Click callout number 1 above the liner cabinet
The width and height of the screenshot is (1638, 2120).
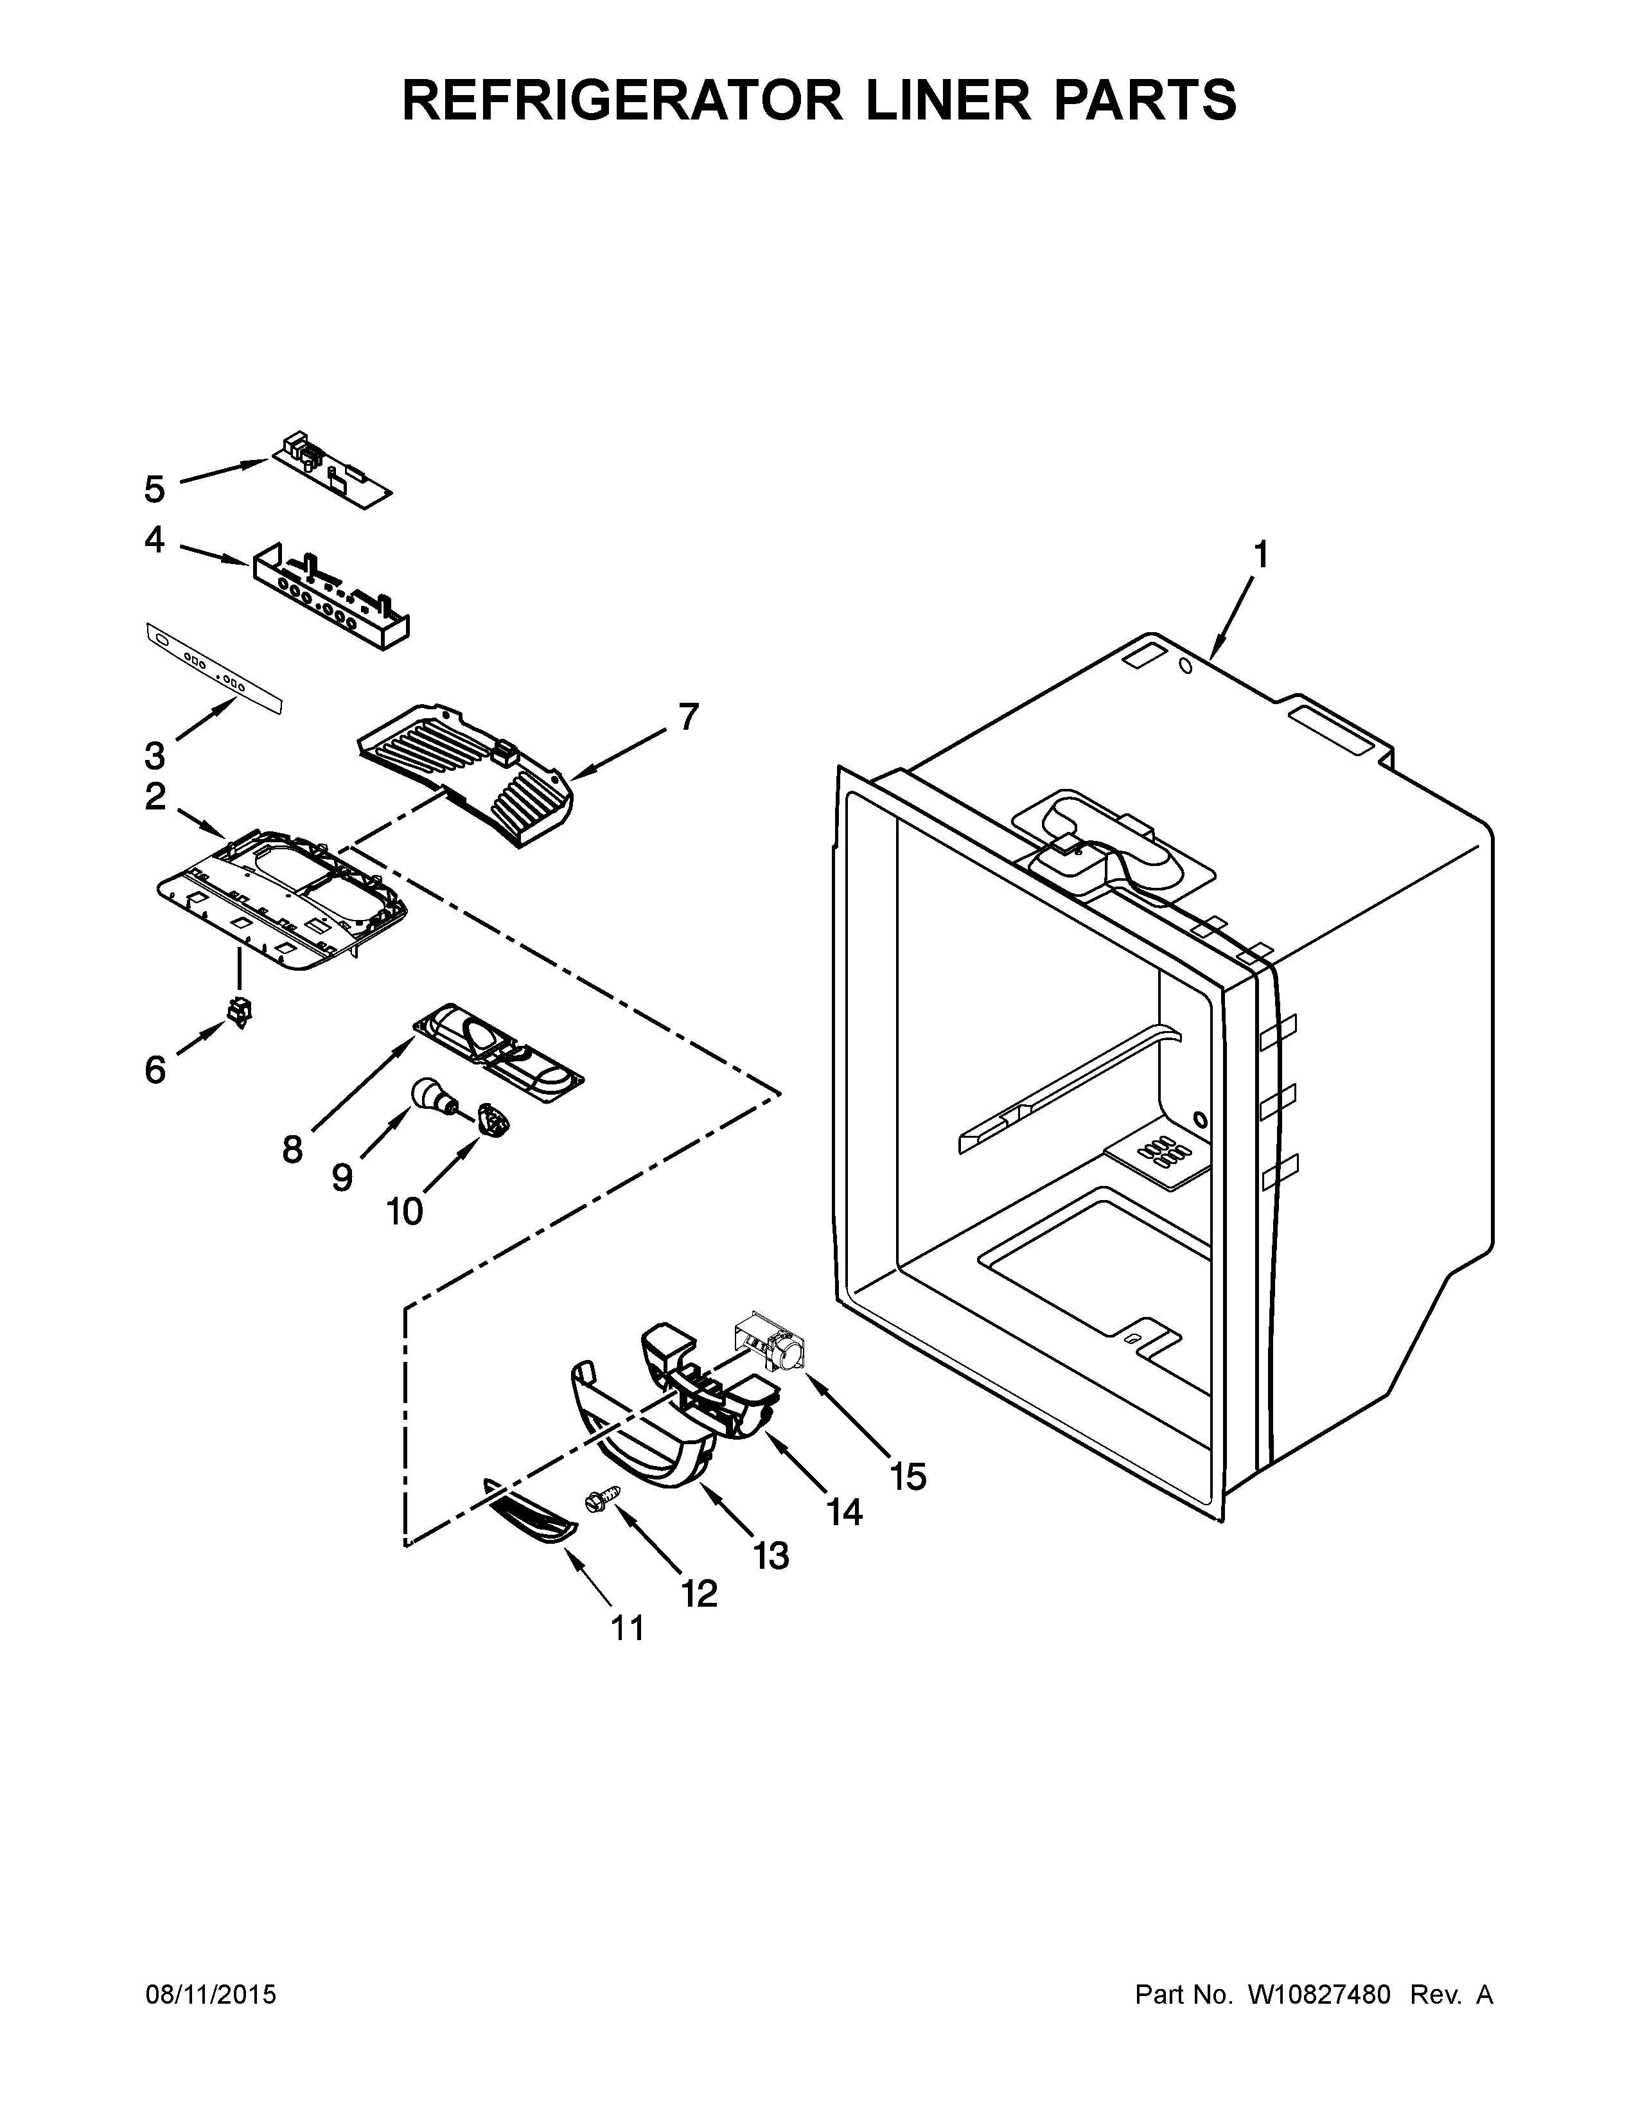1260,555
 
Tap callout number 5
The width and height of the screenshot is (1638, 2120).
154,490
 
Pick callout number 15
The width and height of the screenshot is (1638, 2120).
908,1476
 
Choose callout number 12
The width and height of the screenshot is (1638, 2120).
699,1593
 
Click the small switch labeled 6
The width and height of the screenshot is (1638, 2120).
238,1013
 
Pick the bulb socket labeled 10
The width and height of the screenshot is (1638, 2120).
495,1122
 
